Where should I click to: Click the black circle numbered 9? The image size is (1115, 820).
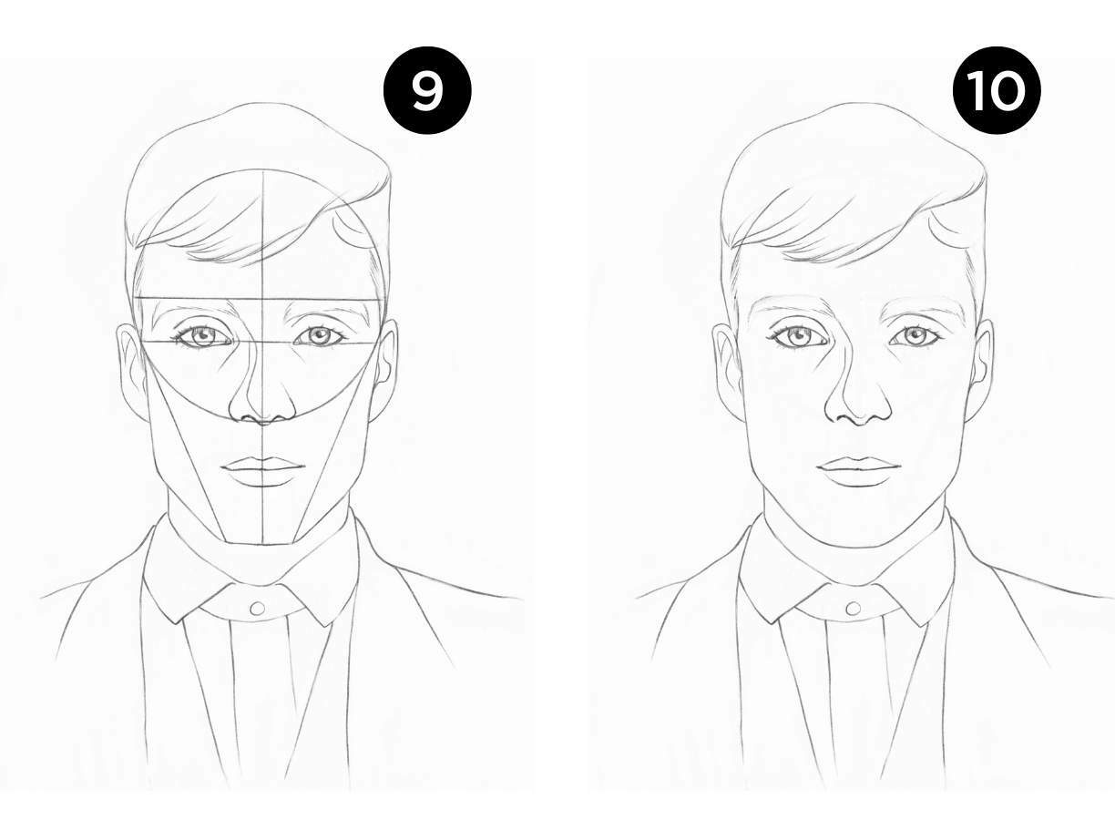(427, 90)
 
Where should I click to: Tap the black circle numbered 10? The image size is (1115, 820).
(997, 90)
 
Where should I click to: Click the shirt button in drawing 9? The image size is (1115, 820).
(258, 608)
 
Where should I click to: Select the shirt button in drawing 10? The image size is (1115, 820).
(854, 608)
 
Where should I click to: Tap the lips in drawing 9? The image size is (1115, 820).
(263, 471)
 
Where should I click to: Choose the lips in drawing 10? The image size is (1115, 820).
(859, 471)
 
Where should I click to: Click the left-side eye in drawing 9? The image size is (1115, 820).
(202, 336)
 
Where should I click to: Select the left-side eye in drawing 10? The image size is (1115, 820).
(798, 336)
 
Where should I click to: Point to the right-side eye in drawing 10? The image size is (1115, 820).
(915, 335)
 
